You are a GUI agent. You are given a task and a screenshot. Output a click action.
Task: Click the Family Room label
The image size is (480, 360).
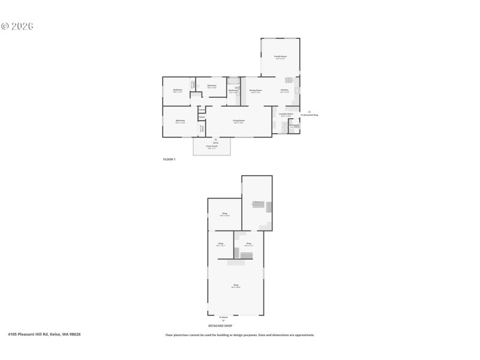coord(280,56)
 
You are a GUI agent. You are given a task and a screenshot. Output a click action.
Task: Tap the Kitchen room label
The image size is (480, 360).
coord(284,91)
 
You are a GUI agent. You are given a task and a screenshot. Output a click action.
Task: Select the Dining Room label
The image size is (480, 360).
coord(256,91)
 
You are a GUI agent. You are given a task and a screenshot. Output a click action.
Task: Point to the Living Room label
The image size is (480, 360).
coord(239,121)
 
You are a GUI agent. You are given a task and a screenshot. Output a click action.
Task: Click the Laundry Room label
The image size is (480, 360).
coord(286,114)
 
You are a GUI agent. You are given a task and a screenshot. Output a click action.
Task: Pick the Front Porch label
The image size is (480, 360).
coord(212,146)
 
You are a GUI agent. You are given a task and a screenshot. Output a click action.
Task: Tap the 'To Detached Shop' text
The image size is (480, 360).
coord(309,115)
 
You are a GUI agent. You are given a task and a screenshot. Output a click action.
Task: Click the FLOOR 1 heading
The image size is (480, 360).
coord(169,159)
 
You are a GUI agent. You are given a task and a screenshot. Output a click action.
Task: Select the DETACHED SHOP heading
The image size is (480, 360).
coord(220,326)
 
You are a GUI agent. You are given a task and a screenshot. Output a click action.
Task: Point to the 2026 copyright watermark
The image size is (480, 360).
coord(17,26)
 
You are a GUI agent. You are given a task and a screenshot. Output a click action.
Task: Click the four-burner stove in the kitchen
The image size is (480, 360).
coord(289,80)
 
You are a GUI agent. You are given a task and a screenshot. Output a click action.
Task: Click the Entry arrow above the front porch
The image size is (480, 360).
coord(216,139)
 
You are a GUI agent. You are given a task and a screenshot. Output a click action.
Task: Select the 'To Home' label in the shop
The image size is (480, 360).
coord(223,317)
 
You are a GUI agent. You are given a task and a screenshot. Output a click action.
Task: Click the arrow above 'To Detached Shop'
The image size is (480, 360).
coord(309,111)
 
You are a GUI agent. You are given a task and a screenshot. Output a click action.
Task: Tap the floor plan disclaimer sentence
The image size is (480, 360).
coord(240,335)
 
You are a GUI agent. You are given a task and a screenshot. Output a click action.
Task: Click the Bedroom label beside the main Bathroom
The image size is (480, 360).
coord(212,86)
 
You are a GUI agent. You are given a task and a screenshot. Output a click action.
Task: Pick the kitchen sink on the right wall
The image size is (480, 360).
coord(296,91)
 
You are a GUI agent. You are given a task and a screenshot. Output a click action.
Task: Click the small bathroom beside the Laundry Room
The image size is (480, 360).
coord(293,127)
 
